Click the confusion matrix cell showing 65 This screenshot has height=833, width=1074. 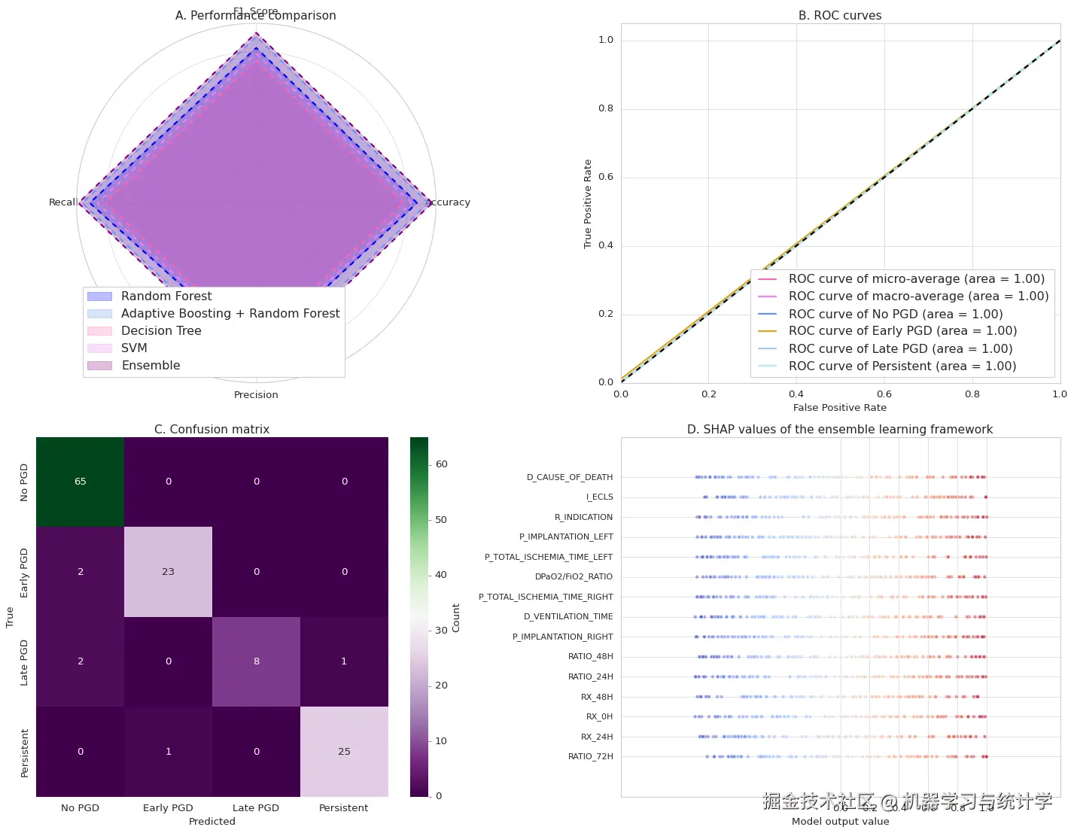click(x=81, y=482)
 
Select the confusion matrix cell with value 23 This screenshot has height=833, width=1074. click(x=168, y=572)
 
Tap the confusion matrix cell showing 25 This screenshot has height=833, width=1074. click(x=344, y=752)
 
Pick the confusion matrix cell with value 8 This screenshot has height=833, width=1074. click(x=257, y=661)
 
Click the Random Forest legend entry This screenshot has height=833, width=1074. click(x=166, y=296)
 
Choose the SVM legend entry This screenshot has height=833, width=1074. click(x=134, y=348)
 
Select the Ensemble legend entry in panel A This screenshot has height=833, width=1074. click(x=151, y=366)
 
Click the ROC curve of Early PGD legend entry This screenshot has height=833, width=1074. click(x=902, y=331)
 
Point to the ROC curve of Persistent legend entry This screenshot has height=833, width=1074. click(x=902, y=366)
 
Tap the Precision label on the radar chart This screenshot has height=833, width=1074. click(x=256, y=395)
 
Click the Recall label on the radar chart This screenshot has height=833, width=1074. click(x=62, y=202)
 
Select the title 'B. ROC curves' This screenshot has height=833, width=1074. click(x=840, y=16)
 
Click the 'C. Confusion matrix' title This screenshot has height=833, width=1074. click(x=211, y=430)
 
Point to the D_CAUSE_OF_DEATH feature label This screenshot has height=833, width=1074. click(x=570, y=477)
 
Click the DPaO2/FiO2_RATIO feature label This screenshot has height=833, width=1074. click(x=574, y=577)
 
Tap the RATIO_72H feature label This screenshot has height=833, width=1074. click(x=591, y=756)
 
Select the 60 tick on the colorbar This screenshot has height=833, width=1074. click(x=441, y=464)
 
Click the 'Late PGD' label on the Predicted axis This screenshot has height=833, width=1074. click(x=256, y=808)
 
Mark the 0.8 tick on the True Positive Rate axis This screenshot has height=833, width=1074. click(x=606, y=108)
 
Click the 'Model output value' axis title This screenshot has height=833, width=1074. click(x=840, y=822)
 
